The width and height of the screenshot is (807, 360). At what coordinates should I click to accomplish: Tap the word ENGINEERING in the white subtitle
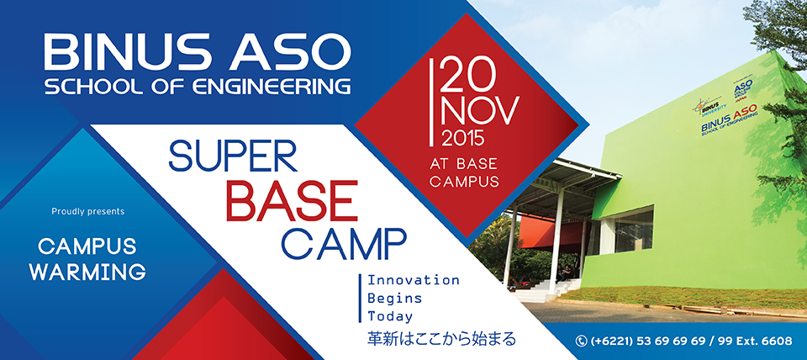tap(272, 87)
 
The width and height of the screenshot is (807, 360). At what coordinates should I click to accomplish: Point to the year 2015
tap(463, 138)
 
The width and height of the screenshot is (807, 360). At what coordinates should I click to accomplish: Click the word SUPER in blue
tap(233, 156)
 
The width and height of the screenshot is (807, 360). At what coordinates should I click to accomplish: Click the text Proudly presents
tap(88, 212)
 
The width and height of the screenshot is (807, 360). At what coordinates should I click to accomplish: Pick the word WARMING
tap(87, 272)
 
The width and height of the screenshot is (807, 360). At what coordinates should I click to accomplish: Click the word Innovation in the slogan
tap(413, 281)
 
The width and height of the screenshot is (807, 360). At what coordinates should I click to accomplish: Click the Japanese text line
tap(440, 340)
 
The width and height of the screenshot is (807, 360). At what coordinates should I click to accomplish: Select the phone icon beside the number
tap(582, 341)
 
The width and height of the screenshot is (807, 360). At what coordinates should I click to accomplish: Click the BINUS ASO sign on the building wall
tap(730, 124)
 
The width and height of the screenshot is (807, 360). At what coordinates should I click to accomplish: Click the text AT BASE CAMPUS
tap(464, 172)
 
